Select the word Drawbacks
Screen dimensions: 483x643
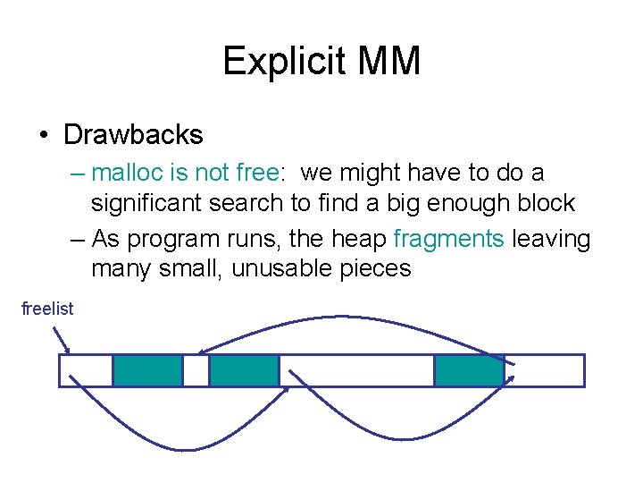pos(133,135)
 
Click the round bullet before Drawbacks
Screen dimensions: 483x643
pos(45,136)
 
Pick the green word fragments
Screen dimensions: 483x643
pos(448,239)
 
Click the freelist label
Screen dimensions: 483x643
pos(47,309)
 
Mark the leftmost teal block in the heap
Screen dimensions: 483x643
pos(147,370)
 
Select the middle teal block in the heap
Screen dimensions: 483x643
pos(244,370)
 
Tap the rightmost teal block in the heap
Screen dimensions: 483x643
pos(469,370)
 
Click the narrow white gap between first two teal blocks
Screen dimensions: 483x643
pos(196,370)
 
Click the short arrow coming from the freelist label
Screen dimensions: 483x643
pos(63,338)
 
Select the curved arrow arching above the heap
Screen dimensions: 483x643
pos(357,318)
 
